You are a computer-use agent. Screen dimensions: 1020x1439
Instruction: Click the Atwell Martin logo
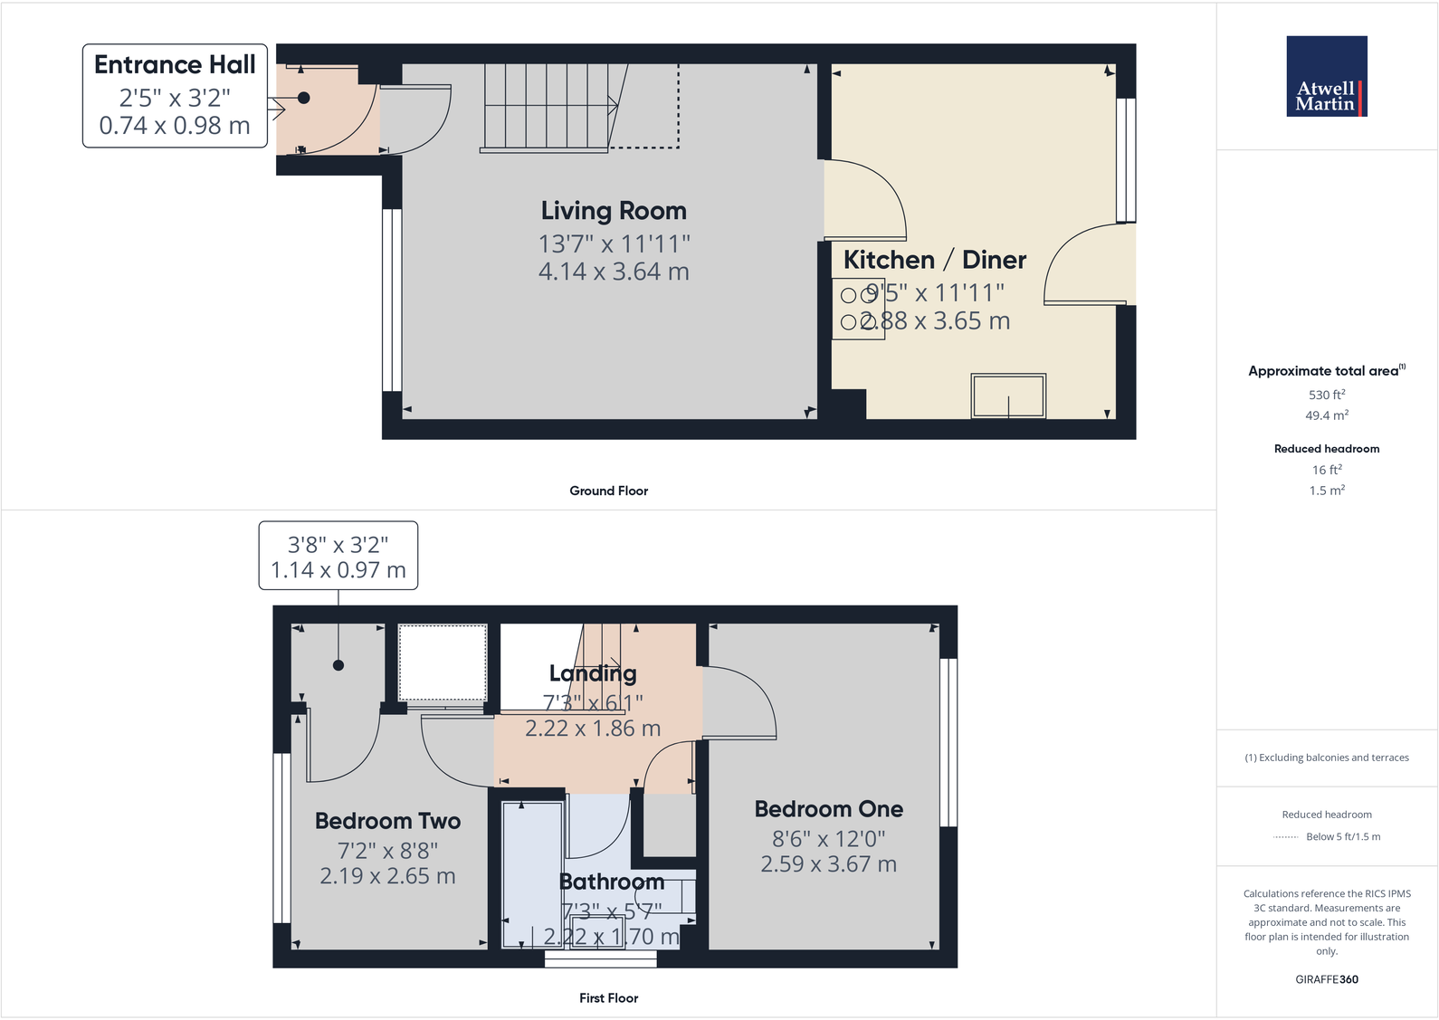1326,76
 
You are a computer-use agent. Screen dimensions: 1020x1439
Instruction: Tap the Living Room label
614,211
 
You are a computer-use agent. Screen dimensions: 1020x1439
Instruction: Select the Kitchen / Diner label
934,260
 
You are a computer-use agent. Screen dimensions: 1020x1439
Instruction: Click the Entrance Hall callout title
175,65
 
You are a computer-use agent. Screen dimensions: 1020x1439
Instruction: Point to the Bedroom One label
828,809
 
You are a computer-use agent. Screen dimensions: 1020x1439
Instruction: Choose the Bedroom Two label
387,821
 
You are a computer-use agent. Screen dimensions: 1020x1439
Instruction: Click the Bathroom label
612,882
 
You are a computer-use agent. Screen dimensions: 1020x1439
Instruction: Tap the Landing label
593,673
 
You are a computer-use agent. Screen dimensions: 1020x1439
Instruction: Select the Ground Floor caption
608,491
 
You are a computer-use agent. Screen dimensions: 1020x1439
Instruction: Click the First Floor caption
608,997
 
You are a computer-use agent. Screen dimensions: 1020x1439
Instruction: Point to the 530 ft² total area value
1326,395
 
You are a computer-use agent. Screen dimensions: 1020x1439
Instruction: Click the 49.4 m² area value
1326,415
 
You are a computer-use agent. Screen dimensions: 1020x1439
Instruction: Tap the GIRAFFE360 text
1326,979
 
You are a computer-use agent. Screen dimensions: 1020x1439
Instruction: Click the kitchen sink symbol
1008,396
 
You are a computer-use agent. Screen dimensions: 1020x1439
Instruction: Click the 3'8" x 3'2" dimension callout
338,557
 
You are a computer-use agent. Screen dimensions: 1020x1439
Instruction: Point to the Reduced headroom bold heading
1326,449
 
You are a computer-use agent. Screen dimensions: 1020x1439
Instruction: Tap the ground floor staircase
548,106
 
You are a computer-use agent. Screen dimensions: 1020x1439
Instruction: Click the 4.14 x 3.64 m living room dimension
614,272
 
